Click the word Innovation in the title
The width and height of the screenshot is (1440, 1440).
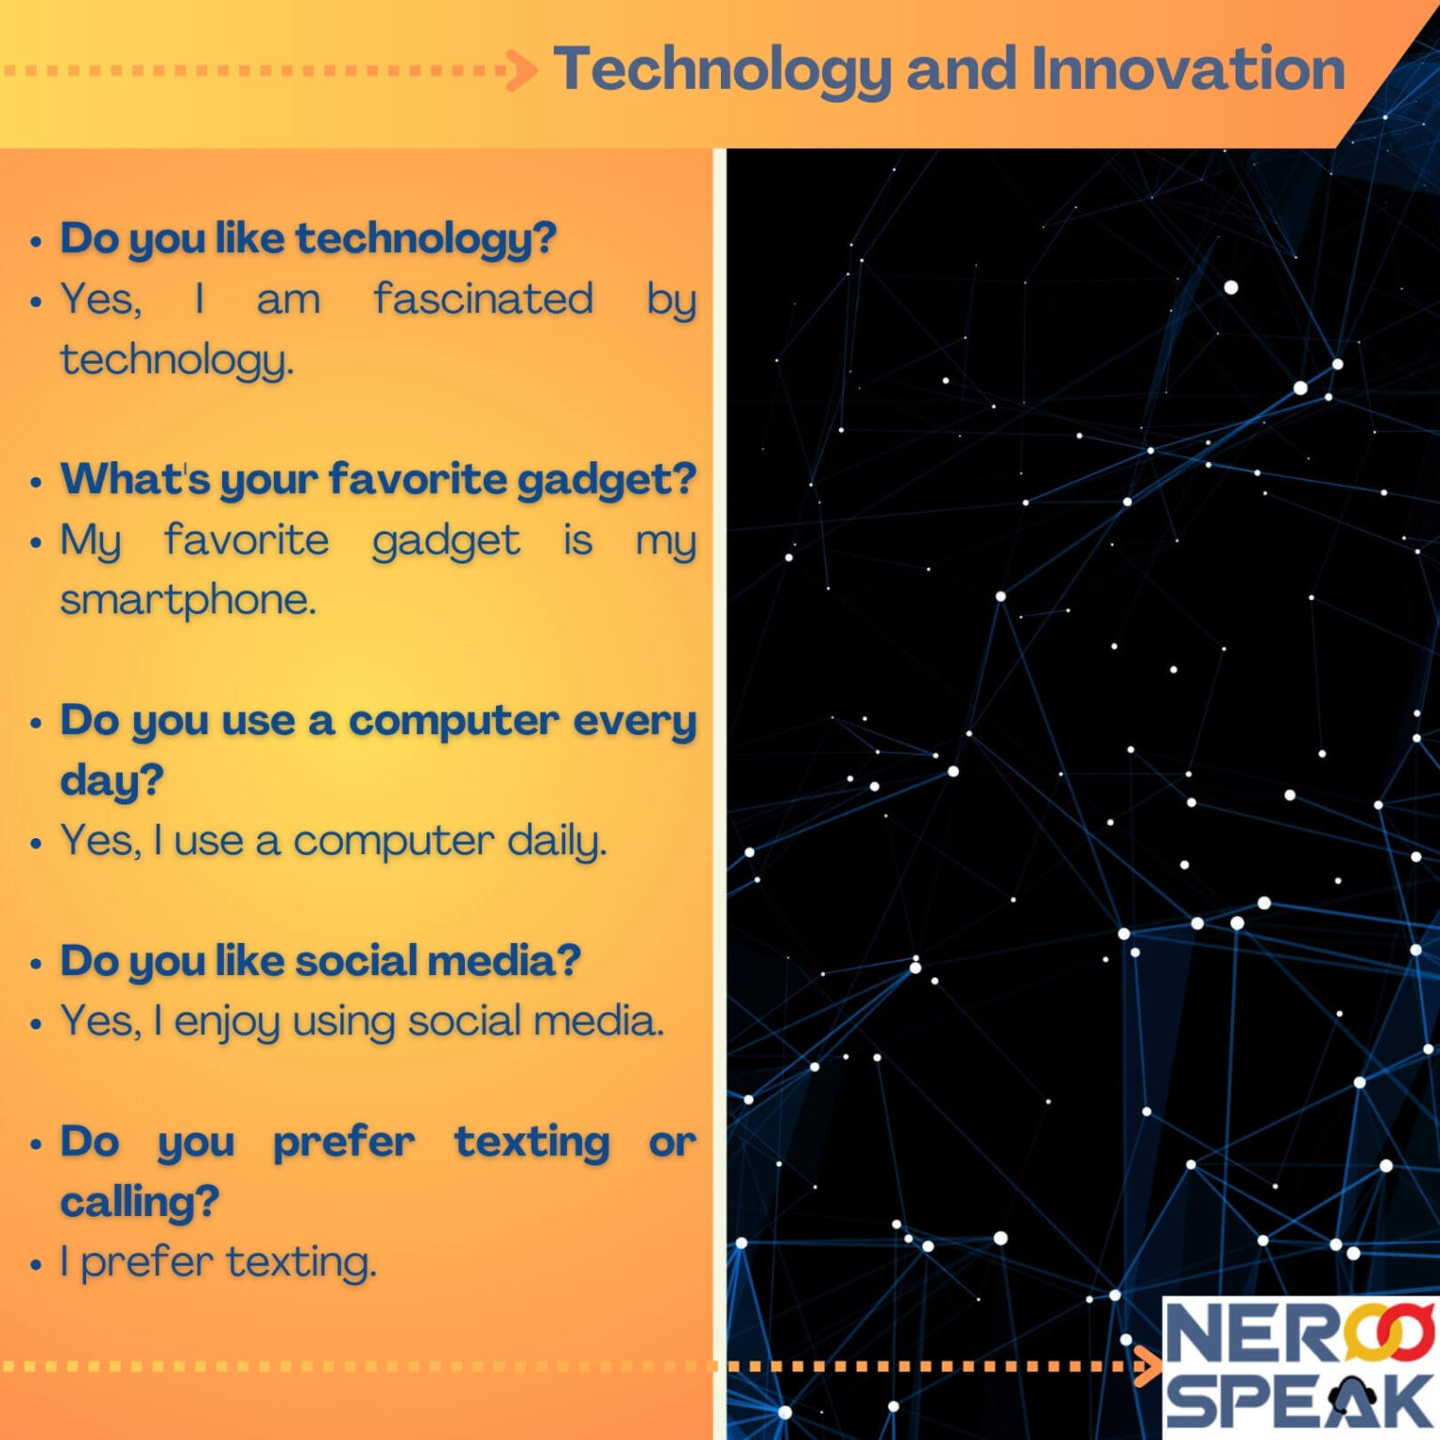pyautogui.click(x=1188, y=69)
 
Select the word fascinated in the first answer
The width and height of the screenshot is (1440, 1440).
pyautogui.click(x=483, y=300)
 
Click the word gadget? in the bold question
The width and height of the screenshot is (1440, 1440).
pyautogui.click(x=607, y=480)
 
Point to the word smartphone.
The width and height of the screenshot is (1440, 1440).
pyautogui.click(x=187, y=600)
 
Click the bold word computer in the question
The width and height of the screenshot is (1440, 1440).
pyautogui.click(x=454, y=721)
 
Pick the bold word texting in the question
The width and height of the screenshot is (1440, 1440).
pyautogui.click(x=532, y=1142)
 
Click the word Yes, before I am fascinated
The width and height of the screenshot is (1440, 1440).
pyautogui.click(x=101, y=300)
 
